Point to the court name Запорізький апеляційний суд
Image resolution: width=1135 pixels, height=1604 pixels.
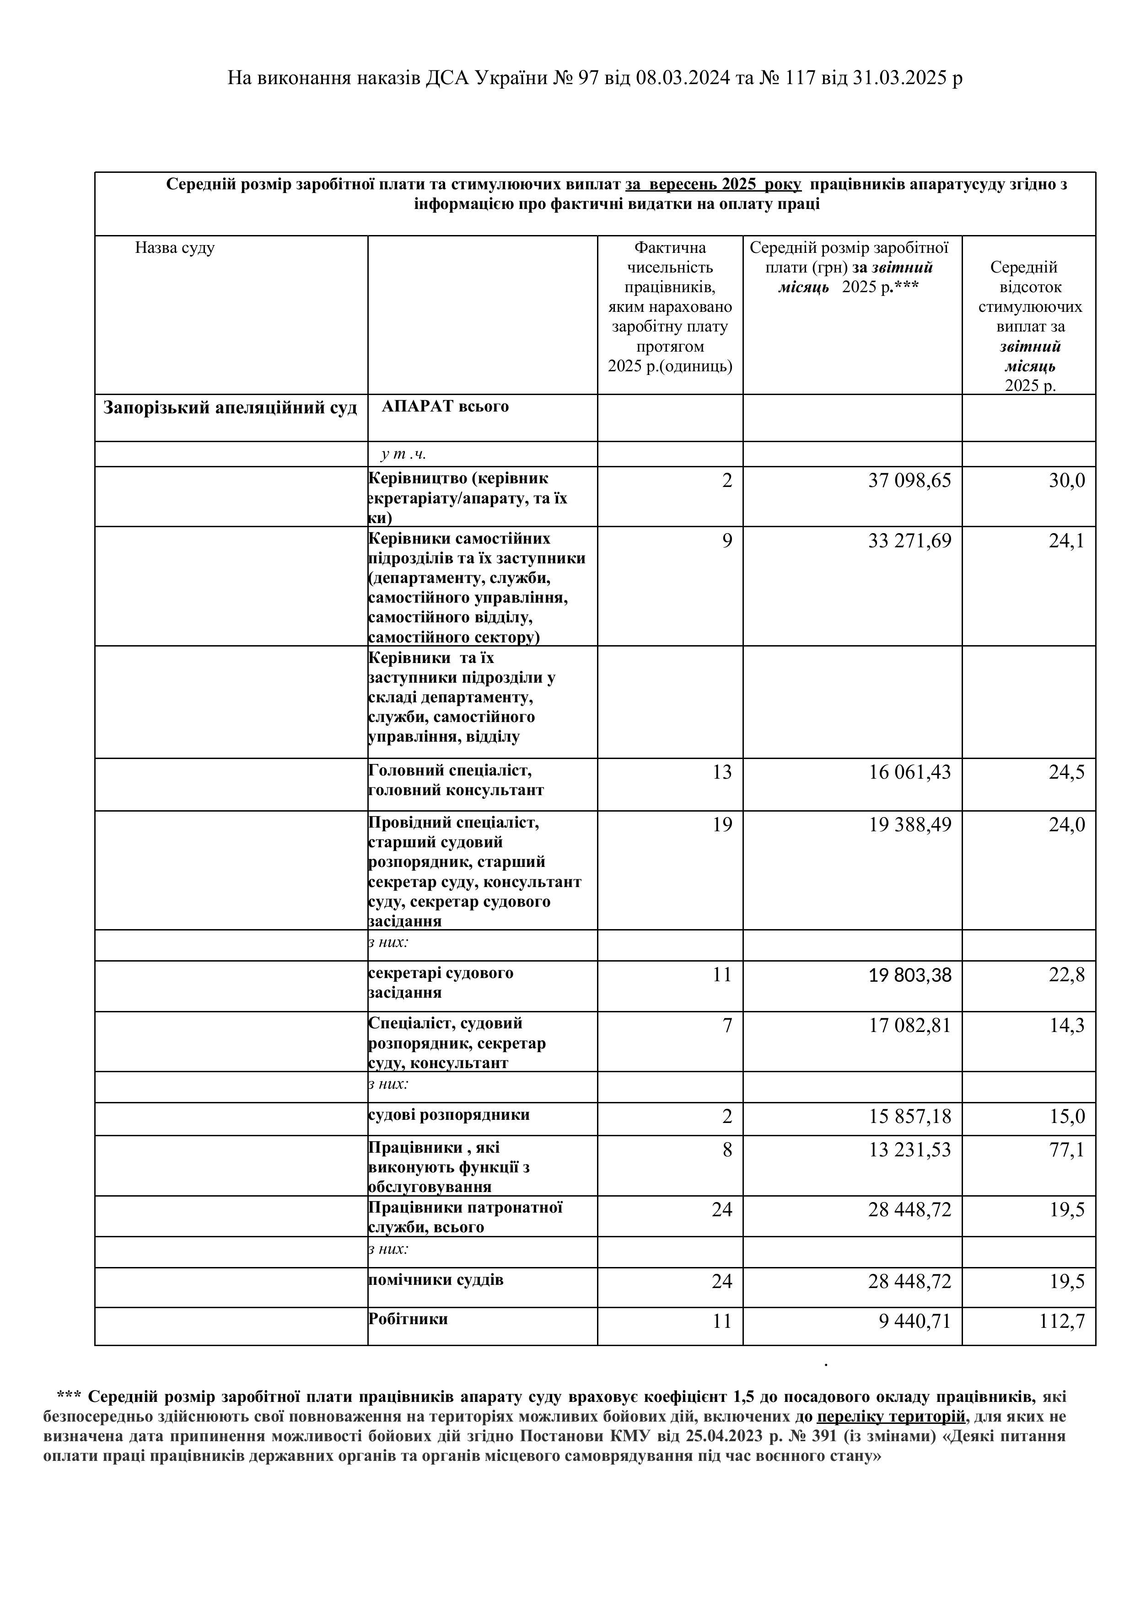[x=230, y=408]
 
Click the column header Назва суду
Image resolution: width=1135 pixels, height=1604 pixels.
[x=175, y=248]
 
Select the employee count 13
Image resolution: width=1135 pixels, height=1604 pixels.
[x=722, y=772]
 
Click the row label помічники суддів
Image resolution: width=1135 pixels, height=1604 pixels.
[x=436, y=1280]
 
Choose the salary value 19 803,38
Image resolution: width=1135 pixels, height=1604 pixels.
[x=909, y=975]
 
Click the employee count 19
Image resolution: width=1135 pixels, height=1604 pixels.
[x=722, y=825]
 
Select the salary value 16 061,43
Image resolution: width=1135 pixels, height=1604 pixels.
[x=909, y=772]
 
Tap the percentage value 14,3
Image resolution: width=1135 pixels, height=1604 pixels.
[x=1066, y=1026]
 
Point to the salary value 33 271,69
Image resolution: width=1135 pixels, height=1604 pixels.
[x=909, y=541]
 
